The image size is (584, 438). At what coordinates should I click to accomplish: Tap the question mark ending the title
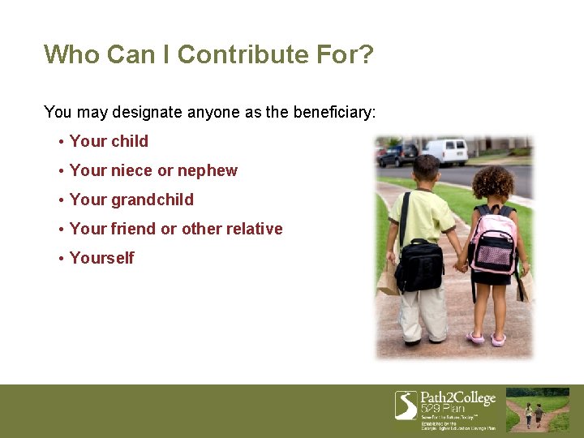(x=366, y=54)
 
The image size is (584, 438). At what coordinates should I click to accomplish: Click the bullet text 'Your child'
(x=109, y=141)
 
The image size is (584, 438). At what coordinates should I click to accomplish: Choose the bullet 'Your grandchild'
(x=131, y=200)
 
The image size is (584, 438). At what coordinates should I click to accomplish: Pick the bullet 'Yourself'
(x=101, y=258)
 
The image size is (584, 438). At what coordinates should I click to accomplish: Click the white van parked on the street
(x=446, y=151)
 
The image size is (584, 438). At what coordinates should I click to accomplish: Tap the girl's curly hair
(x=493, y=182)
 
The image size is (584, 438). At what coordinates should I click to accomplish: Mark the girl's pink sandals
(x=487, y=337)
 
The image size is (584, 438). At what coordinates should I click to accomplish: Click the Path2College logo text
(x=457, y=398)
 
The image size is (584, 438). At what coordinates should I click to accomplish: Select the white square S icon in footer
(x=406, y=405)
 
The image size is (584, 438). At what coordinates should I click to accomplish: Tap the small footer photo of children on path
(x=538, y=410)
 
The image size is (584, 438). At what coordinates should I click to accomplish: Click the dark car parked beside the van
(x=398, y=154)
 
